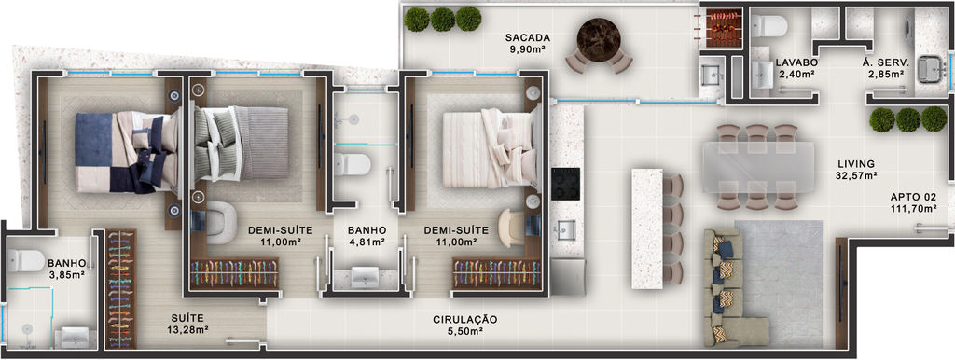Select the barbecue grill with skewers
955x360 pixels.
(x=724, y=28)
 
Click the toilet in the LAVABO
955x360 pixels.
(x=768, y=25)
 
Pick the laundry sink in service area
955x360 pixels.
(x=930, y=67)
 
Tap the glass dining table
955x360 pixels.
(x=758, y=167)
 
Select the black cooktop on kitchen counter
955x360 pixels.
(x=566, y=184)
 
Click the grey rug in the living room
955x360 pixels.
(x=779, y=275)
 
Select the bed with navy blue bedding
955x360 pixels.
(x=125, y=152)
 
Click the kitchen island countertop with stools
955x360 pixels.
(x=647, y=228)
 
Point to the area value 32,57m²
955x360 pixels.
(x=856, y=176)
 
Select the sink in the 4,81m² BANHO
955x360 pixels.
(x=366, y=277)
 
